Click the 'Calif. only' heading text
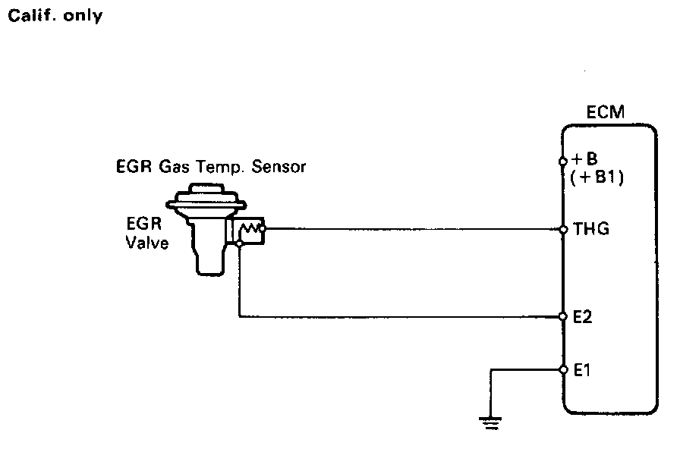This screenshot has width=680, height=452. tap(54, 16)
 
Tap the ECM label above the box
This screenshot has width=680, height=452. tap(606, 113)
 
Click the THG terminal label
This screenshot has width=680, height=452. tap(593, 228)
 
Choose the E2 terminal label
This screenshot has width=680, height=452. tap(582, 317)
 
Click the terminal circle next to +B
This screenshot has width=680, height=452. tap(562, 161)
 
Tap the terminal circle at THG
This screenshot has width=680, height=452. tap(562, 228)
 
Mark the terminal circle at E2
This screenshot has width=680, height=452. tap(562, 316)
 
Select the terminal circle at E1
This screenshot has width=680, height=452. tap(562, 370)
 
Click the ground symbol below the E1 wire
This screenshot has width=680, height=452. tap(492, 422)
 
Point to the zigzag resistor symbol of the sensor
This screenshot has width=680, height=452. tap(249, 228)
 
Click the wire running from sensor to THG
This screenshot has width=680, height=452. tap(410, 228)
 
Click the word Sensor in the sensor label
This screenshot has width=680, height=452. tap(281, 166)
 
